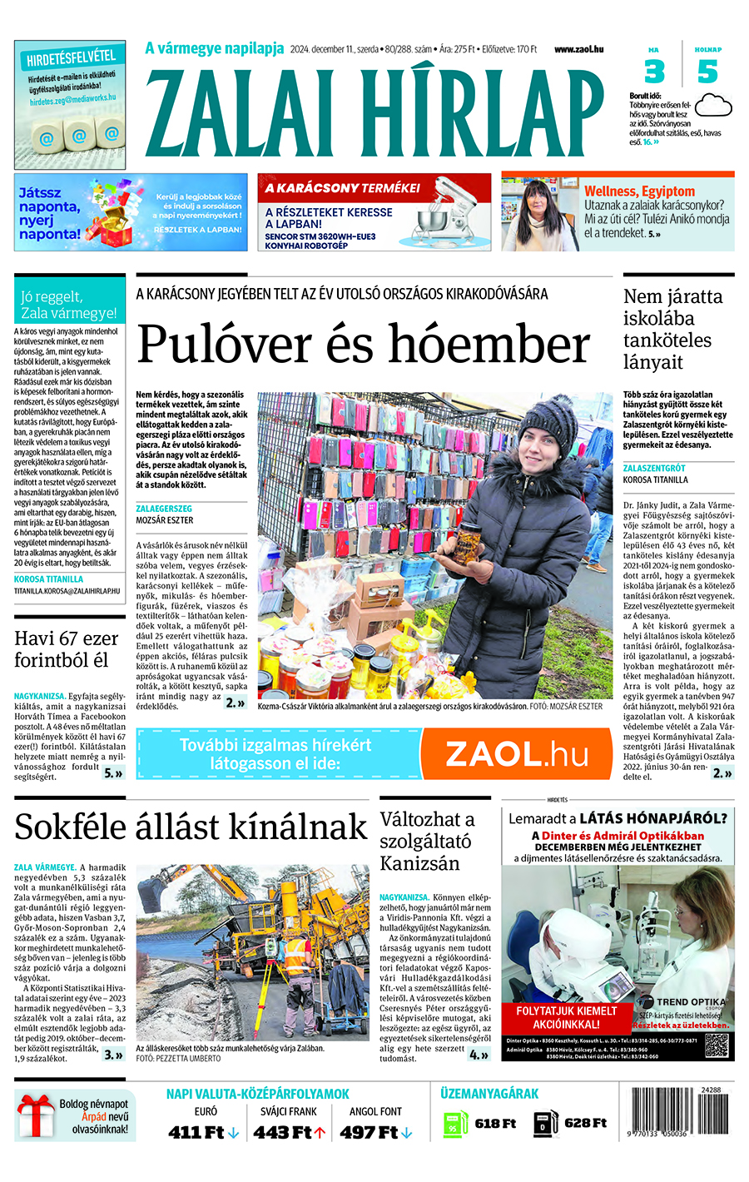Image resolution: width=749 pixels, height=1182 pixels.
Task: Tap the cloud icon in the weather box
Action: (x=712, y=106)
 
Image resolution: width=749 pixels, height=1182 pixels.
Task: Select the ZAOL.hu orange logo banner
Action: (x=516, y=753)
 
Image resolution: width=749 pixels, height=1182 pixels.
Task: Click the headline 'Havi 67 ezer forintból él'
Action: (x=67, y=649)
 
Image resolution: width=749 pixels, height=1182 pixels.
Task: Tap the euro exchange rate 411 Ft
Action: (x=196, y=1132)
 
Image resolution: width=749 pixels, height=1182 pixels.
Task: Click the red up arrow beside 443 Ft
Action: (x=320, y=1132)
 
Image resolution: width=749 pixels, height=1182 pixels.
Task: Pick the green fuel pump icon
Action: (x=455, y=1124)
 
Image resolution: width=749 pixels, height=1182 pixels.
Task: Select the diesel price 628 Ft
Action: (x=585, y=1123)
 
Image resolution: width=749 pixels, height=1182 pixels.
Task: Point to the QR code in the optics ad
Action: (x=717, y=1044)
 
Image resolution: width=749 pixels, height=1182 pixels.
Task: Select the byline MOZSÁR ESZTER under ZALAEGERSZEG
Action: (x=165, y=519)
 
